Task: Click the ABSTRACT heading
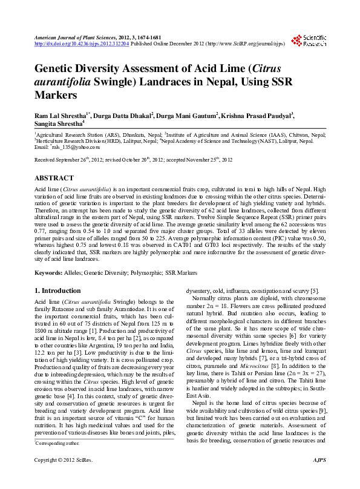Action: (54, 179)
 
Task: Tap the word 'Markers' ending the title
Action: (56, 95)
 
